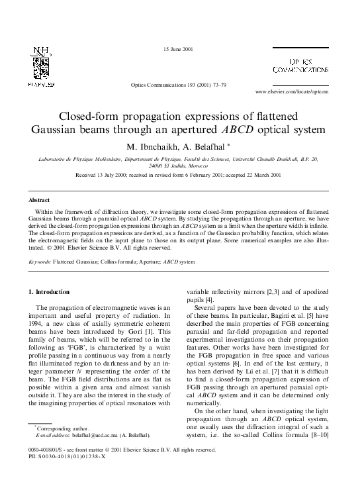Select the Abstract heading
39,199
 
